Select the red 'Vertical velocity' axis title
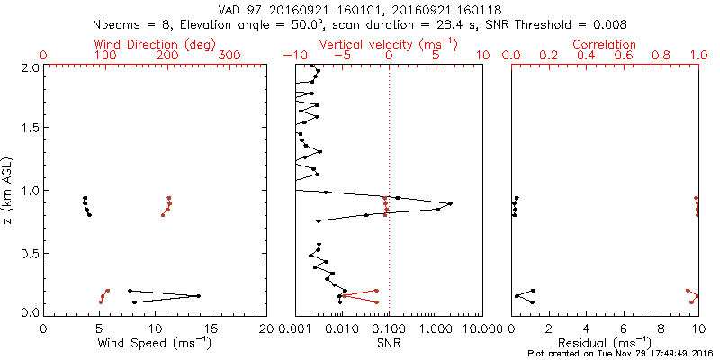[x=388, y=44]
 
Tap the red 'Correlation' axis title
[x=605, y=44]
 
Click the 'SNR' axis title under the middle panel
[x=389, y=342]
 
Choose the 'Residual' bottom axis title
[x=605, y=342]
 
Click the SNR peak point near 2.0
[x=450, y=203]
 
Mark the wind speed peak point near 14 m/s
[x=199, y=296]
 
